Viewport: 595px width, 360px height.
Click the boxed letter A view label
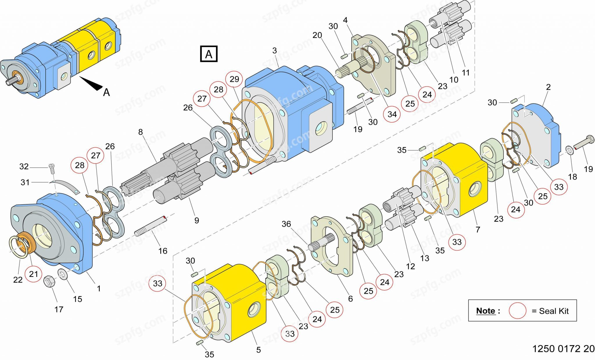pos(209,54)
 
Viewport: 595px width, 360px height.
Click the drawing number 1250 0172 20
pos(563,349)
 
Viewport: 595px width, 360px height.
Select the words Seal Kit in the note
pos(554,311)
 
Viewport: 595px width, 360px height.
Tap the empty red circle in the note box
pos(517,311)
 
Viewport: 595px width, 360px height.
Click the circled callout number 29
pos(234,79)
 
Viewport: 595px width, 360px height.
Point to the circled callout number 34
pos(392,114)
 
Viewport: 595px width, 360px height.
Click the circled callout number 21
pos(33,274)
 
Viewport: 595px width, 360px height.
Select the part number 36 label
pos(286,224)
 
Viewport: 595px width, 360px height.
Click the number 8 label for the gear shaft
pos(140,132)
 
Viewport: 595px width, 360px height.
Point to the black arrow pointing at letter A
pos(92,83)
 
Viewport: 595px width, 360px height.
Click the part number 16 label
pos(163,251)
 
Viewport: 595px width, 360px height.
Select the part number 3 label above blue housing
pos(275,51)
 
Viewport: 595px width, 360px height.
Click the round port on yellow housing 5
pos(254,310)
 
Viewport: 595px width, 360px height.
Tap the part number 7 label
pos(478,230)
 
